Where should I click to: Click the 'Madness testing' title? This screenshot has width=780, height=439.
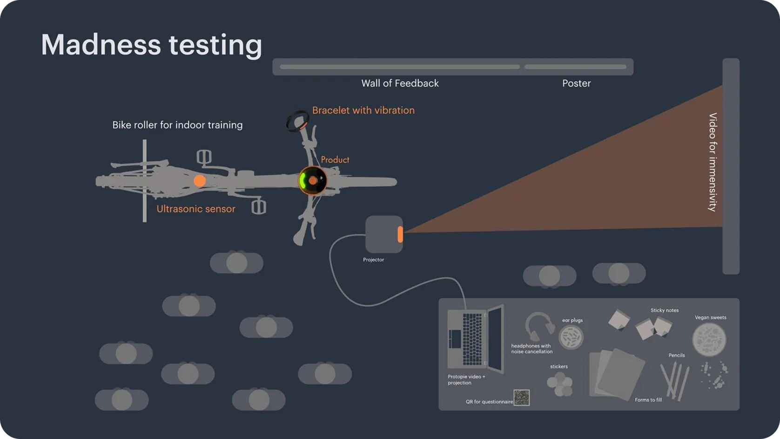tap(151, 45)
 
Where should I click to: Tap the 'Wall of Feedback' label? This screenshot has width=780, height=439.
tap(400, 83)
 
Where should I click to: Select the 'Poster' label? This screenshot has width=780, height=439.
tap(576, 83)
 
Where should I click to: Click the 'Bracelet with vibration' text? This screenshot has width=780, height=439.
tap(363, 110)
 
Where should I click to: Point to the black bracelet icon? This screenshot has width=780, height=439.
tap(296, 121)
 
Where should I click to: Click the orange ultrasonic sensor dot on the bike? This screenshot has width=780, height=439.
tap(200, 181)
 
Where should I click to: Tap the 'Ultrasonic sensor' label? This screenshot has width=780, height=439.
tap(195, 209)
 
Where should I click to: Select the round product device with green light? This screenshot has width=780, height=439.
tap(312, 180)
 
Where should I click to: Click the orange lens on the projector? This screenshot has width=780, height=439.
tap(400, 234)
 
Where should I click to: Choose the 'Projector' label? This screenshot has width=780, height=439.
tap(373, 260)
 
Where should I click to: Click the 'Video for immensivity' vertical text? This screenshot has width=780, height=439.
tap(713, 162)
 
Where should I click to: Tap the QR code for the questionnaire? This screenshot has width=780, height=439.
tap(522, 398)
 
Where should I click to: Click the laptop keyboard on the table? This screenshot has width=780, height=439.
tap(472, 339)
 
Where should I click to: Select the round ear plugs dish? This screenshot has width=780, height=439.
tap(571, 337)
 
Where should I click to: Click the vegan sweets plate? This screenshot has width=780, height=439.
tap(709, 340)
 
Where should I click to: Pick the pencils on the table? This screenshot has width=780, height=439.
tap(675, 381)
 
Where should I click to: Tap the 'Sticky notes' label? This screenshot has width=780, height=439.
tap(665, 310)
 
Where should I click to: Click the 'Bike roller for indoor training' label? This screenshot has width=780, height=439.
tap(177, 125)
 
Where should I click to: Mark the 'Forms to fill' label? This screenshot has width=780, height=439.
tap(648, 400)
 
